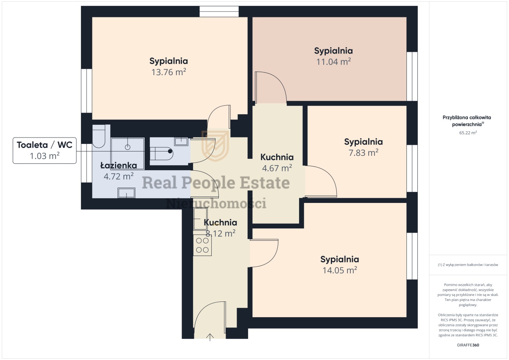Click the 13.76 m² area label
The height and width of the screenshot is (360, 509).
pyautogui.click(x=169, y=72)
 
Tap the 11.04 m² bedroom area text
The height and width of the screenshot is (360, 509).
pyautogui.click(x=333, y=62)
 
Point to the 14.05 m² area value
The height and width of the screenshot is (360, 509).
pyautogui.click(x=340, y=270)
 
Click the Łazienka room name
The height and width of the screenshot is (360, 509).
pyautogui.click(x=119, y=165)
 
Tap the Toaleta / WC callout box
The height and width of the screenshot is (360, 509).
pyautogui.click(x=45, y=150)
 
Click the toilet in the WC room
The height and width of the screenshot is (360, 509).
pyautogui.click(x=162, y=154)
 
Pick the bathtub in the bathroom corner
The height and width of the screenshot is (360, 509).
pyautogui.click(x=98, y=136)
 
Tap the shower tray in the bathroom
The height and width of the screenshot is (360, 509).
pyautogui.click(x=128, y=154)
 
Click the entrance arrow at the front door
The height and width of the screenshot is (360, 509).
pyautogui.click(x=210, y=337)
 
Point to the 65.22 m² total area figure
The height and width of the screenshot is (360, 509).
pyautogui.click(x=468, y=132)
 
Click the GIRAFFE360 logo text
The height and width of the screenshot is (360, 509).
pyautogui.click(x=468, y=345)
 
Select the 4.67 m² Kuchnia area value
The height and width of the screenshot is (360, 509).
pyautogui.click(x=277, y=168)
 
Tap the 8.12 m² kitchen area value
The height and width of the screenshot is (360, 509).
pyautogui.click(x=221, y=233)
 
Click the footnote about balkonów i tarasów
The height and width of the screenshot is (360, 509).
pyautogui.click(x=468, y=265)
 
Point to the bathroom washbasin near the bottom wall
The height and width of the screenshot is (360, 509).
pyautogui.click(x=126, y=193)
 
